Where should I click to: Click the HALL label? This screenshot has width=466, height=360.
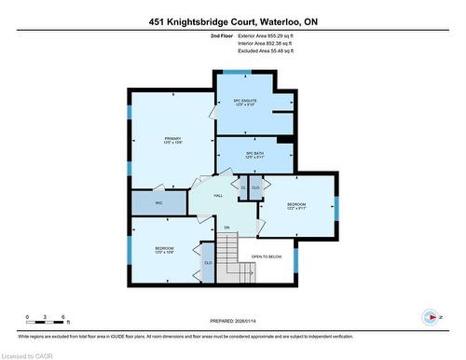click(217, 196)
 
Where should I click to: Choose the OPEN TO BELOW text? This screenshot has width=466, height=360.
click(267, 256)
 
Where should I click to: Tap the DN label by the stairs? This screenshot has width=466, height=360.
click(226, 228)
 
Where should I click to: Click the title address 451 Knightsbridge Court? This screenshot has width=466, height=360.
click(232, 21)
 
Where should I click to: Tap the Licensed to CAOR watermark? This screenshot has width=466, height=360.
click(28, 354)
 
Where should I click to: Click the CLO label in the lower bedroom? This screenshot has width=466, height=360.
click(208, 263)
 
